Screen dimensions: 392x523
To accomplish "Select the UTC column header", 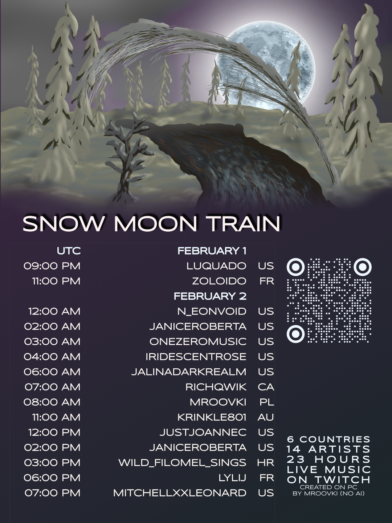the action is tap(69, 251).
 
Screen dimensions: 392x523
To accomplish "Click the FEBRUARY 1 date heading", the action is tap(212, 251).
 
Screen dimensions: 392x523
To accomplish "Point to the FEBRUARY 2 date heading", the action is tap(210, 296).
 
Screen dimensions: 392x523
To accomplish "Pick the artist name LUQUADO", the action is tap(216, 266).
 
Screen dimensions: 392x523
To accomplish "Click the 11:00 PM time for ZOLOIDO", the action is tap(57, 281).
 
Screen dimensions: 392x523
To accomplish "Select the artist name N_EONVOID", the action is tap(212, 311).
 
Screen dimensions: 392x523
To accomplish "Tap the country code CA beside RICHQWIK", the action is tap(266, 387).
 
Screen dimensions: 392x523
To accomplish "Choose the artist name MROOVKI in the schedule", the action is tap(218, 402).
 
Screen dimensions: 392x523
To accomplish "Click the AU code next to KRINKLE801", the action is tap(266, 417).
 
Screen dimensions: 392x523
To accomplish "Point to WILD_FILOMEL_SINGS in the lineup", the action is tap(182, 463).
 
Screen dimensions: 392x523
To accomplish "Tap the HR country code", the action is tap(266, 463).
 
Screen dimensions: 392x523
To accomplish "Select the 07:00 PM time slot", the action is tap(52, 493).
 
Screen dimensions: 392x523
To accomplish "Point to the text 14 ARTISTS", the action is tap(329, 449).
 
